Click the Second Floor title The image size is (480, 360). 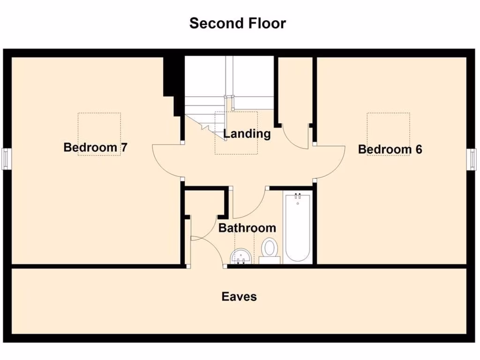point(237,23)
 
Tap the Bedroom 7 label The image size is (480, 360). point(95,148)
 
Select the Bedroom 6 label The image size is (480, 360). point(390,150)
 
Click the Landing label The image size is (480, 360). point(247,134)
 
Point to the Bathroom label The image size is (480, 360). point(247,228)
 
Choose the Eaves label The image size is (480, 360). point(239,297)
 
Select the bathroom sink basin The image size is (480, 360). point(241,255)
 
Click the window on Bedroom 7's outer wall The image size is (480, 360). point(5,158)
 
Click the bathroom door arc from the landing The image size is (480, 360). point(251,206)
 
